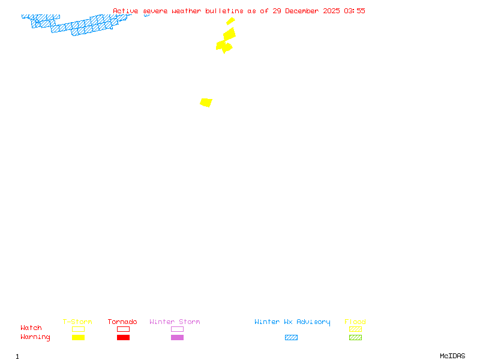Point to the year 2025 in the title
coord(332,11)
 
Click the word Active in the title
coord(125,11)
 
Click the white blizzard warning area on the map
coord(75,19)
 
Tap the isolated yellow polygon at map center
coord(206,103)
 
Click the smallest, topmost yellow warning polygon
coord(230,21)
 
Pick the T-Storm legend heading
coord(77,322)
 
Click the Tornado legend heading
coord(122,322)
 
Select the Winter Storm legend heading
coord(175,322)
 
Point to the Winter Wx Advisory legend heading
coord(292,322)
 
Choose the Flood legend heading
coord(355,322)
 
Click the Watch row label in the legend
coord(31,328)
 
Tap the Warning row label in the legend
coord(35,337)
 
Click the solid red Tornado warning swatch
coord(123,337)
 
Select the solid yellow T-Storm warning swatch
coord(78,337)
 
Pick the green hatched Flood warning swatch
coord(355,337)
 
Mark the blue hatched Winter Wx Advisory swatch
coord(291,337)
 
